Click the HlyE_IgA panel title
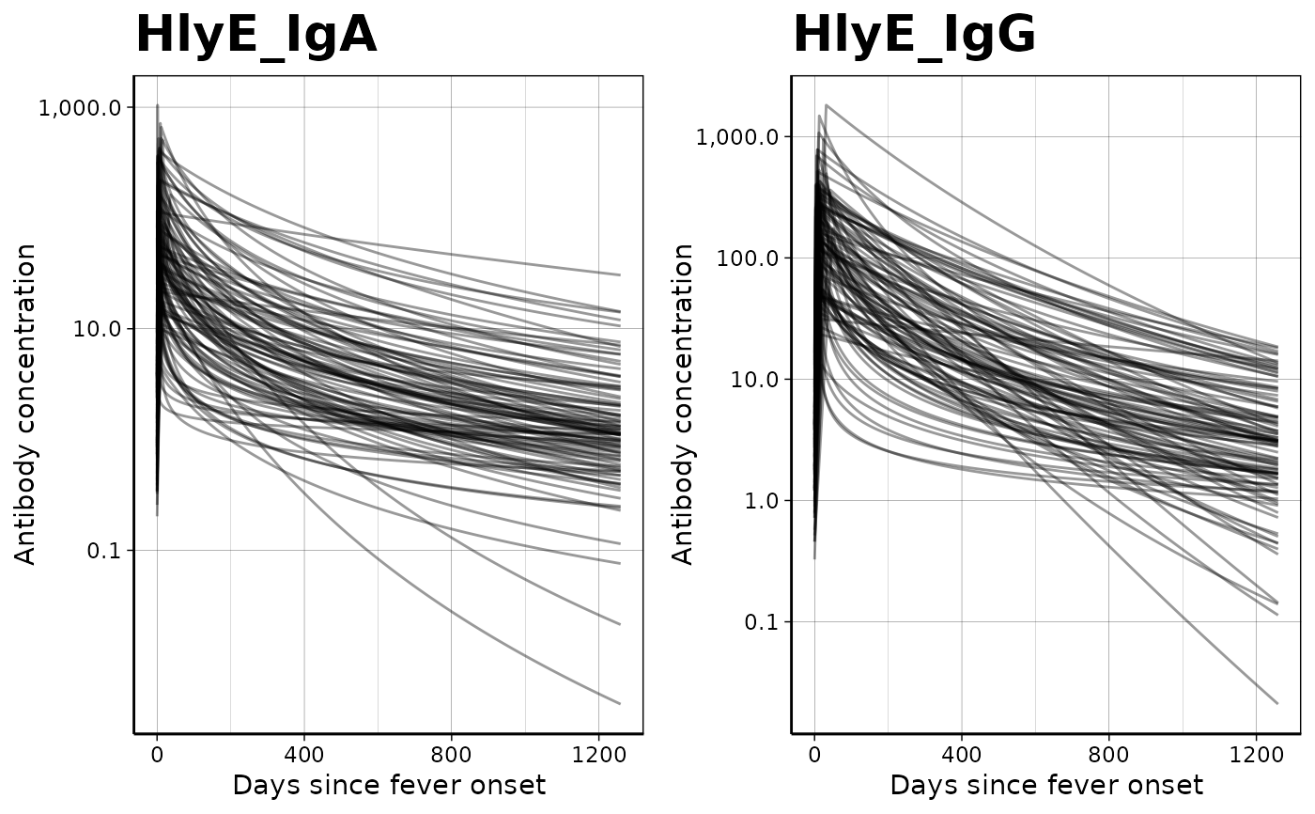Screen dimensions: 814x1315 pyautogui.click(x=255, y=36)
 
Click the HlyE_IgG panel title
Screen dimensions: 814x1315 pyautogui.click(x=914, y=36)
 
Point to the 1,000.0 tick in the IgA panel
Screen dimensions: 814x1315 pyautogui.click(x=80, y=108)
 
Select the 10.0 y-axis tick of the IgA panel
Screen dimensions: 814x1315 pyautogui.click(x=102, y=329)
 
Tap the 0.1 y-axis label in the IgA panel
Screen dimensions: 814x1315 pyautogui.click(x=107, y=551)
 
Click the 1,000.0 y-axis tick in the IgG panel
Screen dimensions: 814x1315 pyautogui.click(x=737, y=137)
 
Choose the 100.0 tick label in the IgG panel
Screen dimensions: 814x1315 pyautogui.click(x=749, y=258)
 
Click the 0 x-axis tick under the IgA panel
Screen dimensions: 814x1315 pyautogui.click(x=157, y=754)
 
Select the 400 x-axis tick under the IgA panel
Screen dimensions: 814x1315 pyautogui.click(x=303, y=754)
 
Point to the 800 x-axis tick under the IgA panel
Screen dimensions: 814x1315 pyautogui.click(x=451, y=754)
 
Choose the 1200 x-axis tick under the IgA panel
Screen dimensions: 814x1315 pyautogui.click(x=598, y=754)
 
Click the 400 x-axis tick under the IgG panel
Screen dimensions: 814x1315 pyautogui.click(x=961, y=754)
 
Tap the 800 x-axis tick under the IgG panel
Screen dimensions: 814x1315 pyautogui.click(x=1108, y=754)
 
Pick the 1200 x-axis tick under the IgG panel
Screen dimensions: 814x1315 pyautogui.click(x=1256, y=754)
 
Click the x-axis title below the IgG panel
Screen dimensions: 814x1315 pyautogui.click(x=1046, y=786)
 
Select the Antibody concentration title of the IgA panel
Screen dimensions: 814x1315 pyautogui.click(x=26, y=404)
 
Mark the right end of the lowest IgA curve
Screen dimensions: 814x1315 pyautogui.click(x=619, y=703)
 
